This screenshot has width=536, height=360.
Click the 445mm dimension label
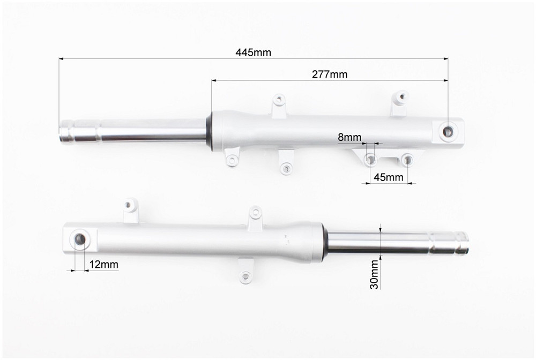pyautogui.click(x=253, y=52)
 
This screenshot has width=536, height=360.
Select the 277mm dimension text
pyautogui.click(x=330, y=74)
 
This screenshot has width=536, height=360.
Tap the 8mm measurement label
pyautogui.click(x=349, y=137)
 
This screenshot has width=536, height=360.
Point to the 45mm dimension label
pyautogui.click(x=388, y=177)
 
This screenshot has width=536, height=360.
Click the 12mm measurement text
pyautogui.click(x=103, y=264)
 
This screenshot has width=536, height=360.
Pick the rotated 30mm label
pyautogui.click(x=375, y=275)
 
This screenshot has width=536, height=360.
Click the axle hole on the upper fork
pyautogui.click(x=448, y=131)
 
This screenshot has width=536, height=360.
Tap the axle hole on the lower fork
pyautogui.click(x=80, y=239)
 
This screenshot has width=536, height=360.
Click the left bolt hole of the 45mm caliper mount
pyautogui.click(x=370, y=159)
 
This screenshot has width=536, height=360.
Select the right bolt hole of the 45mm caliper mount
pyautogui.click(x=407, y=160)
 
